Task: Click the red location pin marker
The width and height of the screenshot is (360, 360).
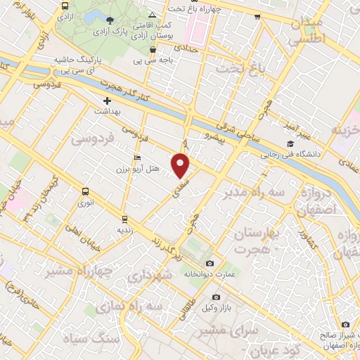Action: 181,165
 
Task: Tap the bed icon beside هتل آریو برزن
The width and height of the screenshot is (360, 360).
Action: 137,157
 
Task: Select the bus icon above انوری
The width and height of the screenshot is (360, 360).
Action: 86,191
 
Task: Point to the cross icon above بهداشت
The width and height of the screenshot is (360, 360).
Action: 107,101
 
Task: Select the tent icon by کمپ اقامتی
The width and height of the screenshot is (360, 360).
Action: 153,15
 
